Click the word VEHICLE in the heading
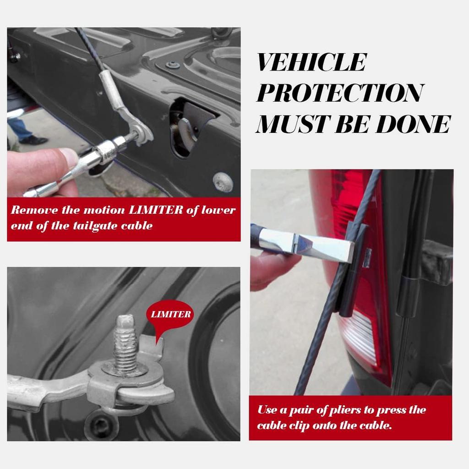311,62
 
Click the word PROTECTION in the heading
339,93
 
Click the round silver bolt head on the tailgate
223,182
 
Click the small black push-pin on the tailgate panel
173,65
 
